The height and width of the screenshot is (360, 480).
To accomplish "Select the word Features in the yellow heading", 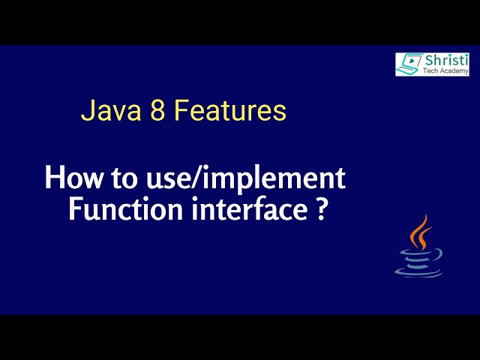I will [229, 112].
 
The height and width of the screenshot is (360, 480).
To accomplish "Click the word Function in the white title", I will [112, 209].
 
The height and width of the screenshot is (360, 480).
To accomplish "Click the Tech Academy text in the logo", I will [446, 71].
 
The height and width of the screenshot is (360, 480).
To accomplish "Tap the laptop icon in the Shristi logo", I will [409, 64].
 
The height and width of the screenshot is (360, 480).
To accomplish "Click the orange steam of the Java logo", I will [421, 233].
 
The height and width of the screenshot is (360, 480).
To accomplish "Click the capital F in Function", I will [75, 209].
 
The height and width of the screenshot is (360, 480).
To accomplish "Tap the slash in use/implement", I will [203, 179].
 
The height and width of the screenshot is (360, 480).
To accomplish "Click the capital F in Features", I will [180, 112].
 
